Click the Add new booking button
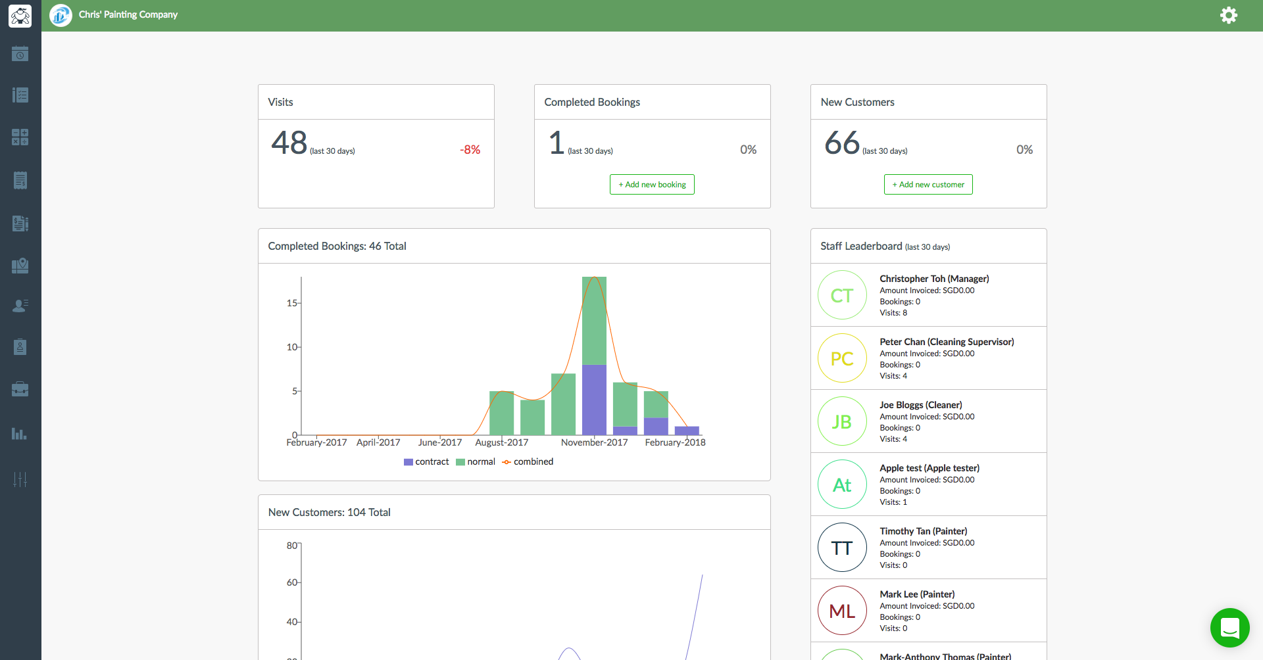pos(652,185)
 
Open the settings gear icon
pos(1229,15)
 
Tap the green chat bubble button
pos(1229,628)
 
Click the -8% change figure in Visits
pos(470,150)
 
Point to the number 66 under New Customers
pos(842,143)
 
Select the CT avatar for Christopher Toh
pos(842,295)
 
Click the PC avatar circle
pos(842,358)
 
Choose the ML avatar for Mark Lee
pos(842,611)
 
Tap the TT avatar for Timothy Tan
pos(842,548)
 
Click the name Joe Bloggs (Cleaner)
pos(921,405)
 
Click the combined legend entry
pos(528,462)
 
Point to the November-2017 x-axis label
pos(594,442)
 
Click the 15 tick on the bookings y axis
pos(291,303)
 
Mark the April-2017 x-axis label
pos(378,442)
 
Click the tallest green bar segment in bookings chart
pos(594,321)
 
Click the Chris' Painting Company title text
pos(128,14)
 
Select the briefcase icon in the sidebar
pos(20,389)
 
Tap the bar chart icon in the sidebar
pos(20,434)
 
